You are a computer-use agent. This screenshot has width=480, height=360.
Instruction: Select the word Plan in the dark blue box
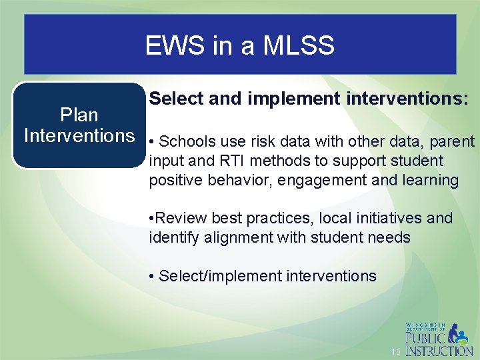(x=79, y=115)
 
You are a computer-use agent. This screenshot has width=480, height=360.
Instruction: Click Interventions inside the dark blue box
(x=79, y=135)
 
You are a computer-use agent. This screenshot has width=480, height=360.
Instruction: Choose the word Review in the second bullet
(x=182, y=218)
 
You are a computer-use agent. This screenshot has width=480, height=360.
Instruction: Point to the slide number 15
(x=396, y=351)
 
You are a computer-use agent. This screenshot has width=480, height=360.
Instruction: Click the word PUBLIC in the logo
(x=427, y=337)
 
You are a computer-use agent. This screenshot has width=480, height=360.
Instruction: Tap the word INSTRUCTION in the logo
(x=440, y=350)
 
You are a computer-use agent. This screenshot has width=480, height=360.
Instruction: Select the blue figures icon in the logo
(x=459, y=333)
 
